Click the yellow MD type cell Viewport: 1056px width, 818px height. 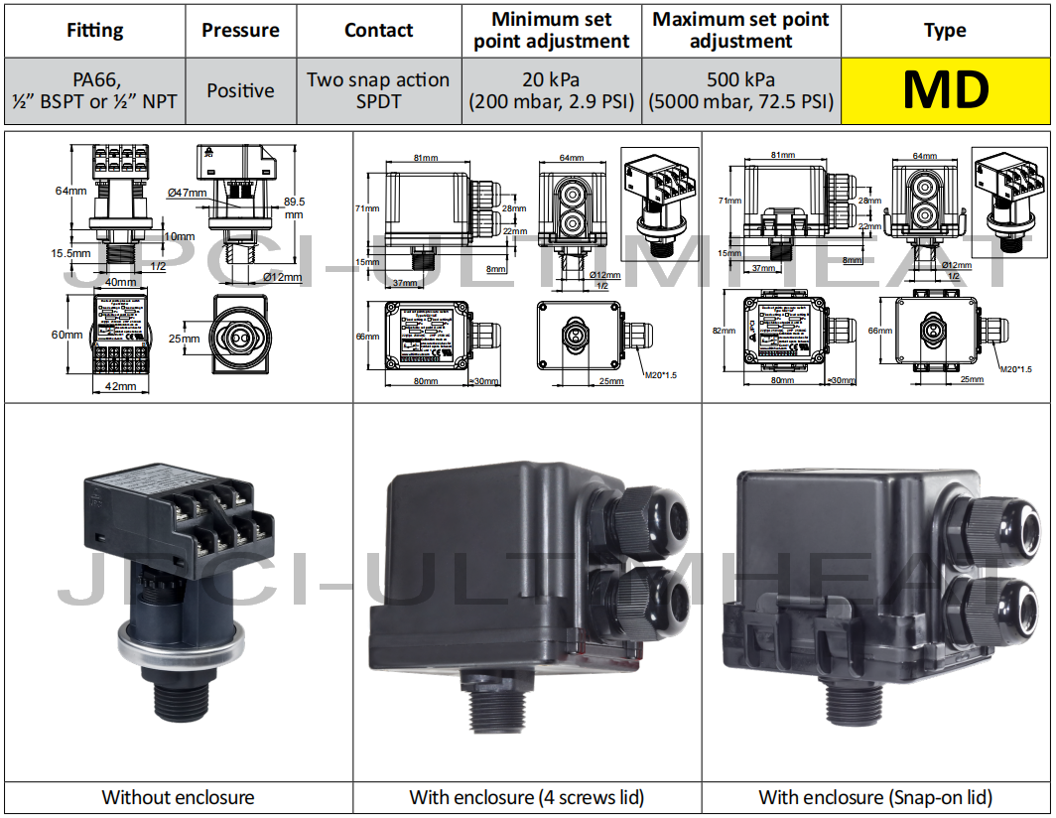[x=945, y=90]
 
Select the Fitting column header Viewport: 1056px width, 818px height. [x=95, y=30]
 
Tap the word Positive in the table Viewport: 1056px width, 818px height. [x=240, y=90]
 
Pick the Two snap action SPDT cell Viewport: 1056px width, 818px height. [x=378, y=90]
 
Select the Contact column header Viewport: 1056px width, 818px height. [x=378, y=30]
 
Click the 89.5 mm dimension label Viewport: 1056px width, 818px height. [x=295, y=205]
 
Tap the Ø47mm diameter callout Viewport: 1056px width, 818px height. [x=188, y=192]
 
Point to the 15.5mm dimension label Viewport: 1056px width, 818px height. [x=71, y=253]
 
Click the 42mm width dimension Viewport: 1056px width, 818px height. [x=120, y=386]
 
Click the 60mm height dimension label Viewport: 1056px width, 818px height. [x=68, y=335]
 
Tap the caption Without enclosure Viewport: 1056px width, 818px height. [x=179, y=797]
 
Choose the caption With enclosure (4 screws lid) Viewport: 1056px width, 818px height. [x=527, y=797]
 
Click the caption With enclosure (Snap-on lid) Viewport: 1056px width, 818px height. [x=875, y=797]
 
